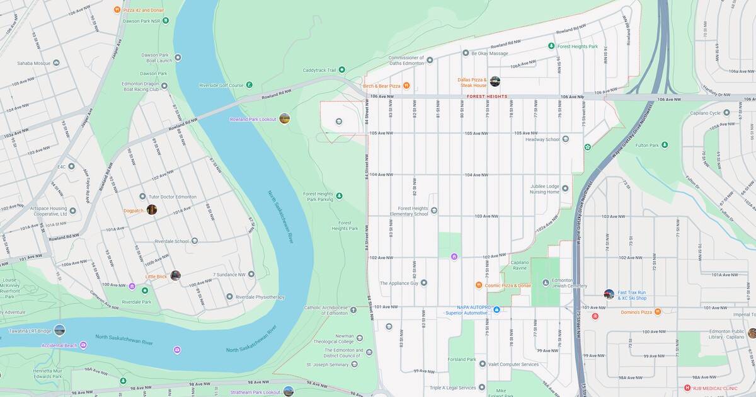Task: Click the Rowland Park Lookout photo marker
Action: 285,118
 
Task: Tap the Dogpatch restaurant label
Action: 134,210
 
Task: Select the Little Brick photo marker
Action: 175,275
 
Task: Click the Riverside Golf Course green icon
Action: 249,85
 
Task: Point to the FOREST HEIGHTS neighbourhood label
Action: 486,97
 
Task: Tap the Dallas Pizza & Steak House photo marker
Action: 495,81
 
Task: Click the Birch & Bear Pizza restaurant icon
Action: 406,86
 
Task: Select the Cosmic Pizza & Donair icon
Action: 479,285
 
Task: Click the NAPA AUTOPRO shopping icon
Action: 496,309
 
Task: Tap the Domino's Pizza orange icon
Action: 658,312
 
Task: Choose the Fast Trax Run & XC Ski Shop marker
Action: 609,294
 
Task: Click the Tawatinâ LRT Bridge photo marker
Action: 59,330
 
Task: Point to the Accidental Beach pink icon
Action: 83,345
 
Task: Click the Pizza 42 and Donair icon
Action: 117,9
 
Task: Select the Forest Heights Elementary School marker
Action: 434,210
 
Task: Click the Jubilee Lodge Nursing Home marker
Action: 565,188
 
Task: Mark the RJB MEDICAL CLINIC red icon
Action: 687,388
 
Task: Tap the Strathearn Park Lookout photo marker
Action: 289,391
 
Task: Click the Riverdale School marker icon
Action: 194,241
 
